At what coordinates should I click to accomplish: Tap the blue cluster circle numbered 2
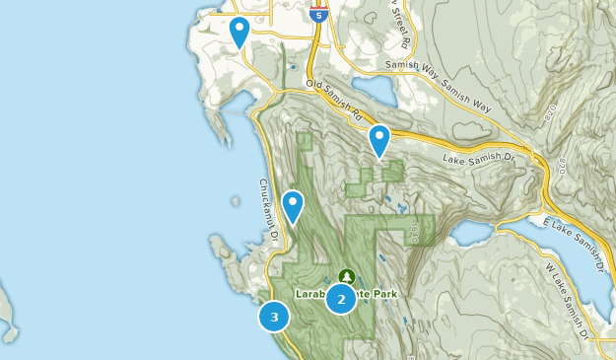pos(341,299)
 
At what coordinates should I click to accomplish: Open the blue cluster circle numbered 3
pos(274,318)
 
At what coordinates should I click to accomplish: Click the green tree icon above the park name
pos(345,276)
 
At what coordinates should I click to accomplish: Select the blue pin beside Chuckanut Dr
pos(293,205)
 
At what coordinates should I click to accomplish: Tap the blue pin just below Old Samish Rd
pos(379,140)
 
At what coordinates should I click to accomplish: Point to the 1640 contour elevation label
pos(415,233)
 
